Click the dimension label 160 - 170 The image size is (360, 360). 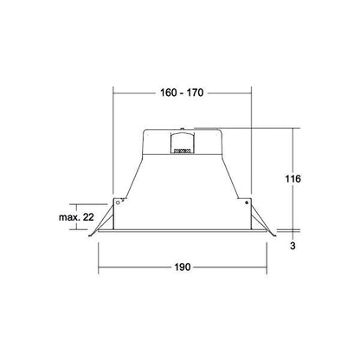[182, 93]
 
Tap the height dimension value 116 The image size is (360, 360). [292, 179]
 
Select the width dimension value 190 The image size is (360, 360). [183, 267]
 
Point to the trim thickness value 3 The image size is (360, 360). [292, 246]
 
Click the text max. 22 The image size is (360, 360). [76, 217]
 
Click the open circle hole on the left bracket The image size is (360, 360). [118, 202]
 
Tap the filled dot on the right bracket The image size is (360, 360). [247, 202]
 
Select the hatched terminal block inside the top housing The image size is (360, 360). [182, 151]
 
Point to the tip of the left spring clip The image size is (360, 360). [89, 236]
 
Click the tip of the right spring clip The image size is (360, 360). [275, 236]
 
